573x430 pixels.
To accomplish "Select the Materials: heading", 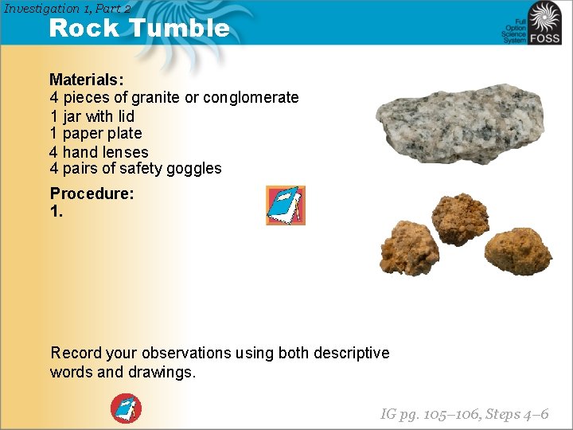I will pos(86,80).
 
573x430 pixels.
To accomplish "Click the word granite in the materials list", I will pos(156,98).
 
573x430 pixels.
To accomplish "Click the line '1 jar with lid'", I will pos(92,115).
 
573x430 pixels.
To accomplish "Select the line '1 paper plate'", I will pos(95,133).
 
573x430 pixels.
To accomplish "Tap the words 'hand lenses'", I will pos(105,151).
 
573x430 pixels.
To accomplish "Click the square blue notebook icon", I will pos(285,205).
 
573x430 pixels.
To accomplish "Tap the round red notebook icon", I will pos(126,408).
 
